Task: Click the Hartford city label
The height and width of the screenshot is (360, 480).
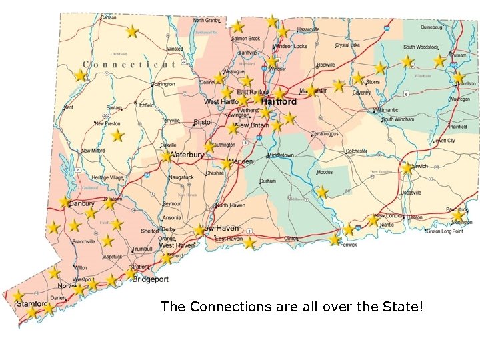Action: pos(279,102)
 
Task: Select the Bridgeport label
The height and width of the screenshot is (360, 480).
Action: pos(151,279)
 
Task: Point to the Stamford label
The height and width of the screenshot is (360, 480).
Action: pos(32,304)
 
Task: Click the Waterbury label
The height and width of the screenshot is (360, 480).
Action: pos(188,155)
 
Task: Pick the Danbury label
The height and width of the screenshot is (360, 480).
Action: pos(82,203)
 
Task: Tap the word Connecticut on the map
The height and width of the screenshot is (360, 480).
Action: pos(129,65)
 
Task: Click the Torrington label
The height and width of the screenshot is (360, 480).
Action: pos(163,85)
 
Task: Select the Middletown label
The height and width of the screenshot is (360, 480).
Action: pos(281,155)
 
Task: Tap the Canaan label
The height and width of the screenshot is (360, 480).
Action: pos(109,17)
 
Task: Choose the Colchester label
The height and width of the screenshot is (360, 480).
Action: pos(357,151)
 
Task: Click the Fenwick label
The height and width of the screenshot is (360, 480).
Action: pos(348,245)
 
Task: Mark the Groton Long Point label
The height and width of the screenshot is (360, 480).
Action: pos(445,231)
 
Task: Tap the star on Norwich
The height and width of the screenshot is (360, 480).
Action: pos(407,169)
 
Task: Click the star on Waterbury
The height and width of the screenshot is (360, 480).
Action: pos(166,156)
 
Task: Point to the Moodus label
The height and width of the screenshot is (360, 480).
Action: pos(325,172)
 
